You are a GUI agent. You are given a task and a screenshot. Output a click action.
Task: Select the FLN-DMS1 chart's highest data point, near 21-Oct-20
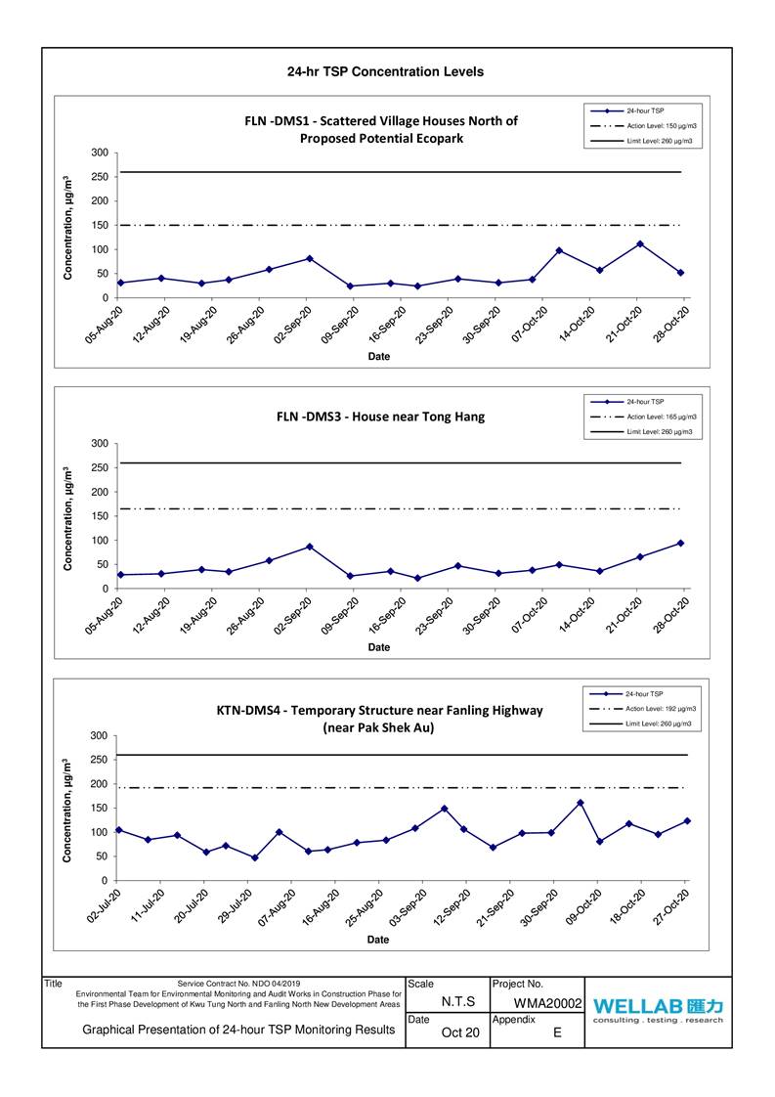tap(639, 243)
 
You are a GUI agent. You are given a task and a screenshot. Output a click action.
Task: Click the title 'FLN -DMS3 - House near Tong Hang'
tap(380, 417)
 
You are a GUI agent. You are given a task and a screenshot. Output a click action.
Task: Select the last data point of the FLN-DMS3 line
tap(680, 543)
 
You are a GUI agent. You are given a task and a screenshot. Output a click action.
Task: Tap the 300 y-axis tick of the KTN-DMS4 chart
tap(98, 735)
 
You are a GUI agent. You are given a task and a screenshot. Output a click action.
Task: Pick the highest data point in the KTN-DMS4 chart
tap(581, 803)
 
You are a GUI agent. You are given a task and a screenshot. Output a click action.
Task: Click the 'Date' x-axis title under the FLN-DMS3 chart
tap(378, 647)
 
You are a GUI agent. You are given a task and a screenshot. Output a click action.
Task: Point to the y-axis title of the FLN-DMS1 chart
tap(67, 228)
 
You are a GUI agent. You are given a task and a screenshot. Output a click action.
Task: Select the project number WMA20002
tap(547, 1003)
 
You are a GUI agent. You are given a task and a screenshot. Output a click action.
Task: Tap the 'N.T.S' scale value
tap(458, 1002)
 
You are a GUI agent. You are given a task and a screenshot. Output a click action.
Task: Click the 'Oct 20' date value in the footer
tap(459, 1032)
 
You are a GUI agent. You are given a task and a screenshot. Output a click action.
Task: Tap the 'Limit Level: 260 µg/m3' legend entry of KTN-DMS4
tap(659, 724)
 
